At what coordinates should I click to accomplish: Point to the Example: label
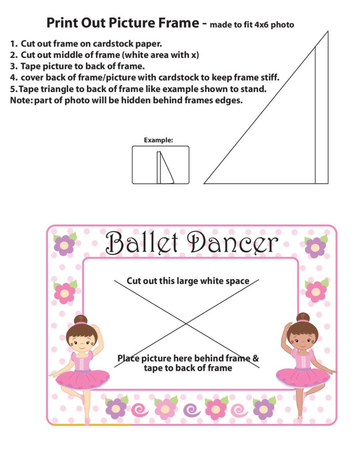(158, 140)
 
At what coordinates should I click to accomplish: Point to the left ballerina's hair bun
(81, 319)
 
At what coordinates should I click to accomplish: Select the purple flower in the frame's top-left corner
(65, 245)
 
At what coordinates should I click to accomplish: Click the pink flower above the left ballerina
(65, 293)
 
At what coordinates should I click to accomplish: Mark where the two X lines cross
(186, 324)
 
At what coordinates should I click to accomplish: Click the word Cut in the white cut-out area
(134, 281)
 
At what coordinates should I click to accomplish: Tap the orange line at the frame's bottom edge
(91, 425)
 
